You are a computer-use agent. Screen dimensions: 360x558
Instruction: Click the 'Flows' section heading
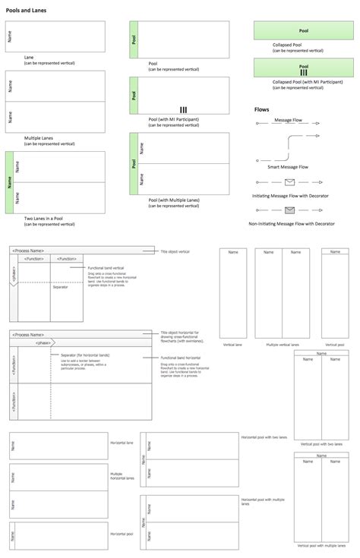click(x=261, y=109)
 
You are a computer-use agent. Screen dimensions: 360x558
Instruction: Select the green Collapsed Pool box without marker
click(x=303, y=30)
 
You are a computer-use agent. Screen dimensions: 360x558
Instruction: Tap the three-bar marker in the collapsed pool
click(x=303, y=73)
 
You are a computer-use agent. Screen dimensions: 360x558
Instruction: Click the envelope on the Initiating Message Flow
click(x=289, y=182)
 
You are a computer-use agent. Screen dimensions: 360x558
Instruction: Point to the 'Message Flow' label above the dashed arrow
click(x=288, y=120)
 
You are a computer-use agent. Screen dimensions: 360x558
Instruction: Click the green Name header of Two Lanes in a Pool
click(x=10, y=182)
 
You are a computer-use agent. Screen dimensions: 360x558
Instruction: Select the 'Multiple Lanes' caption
click(x=37, y=137)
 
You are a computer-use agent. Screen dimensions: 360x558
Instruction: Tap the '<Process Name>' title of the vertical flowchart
click(x=28, y=251)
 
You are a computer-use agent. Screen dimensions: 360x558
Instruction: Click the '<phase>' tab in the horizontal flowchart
click(x=43, y=343)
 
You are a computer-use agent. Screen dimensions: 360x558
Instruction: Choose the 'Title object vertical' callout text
click(x=175, y=251)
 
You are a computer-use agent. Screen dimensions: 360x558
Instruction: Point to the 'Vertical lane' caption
click(x=233, y=345)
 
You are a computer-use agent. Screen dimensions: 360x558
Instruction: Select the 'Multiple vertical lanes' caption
click(x=282, y=345)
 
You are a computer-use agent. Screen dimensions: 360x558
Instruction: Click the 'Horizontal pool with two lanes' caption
click(x=264, y=438)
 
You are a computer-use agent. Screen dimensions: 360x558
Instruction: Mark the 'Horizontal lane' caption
click(x=122, y=442)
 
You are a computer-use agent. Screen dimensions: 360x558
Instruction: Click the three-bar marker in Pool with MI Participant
click(x=183, y=109)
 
